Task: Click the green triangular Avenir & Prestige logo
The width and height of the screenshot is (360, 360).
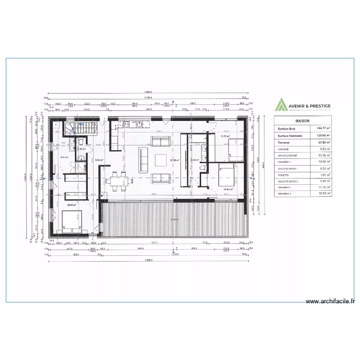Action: pos(280,105)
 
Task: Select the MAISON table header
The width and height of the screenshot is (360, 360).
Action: pos(302,121)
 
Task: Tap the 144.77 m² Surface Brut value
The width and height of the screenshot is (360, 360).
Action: pos(320,129)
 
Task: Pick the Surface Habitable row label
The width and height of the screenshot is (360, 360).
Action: pos(289,136)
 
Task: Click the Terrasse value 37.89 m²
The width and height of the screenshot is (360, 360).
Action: pos(320,143)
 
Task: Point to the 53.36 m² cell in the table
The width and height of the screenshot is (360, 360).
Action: pos(320,156)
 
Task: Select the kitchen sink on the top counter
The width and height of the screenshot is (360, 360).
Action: pos(139,124)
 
